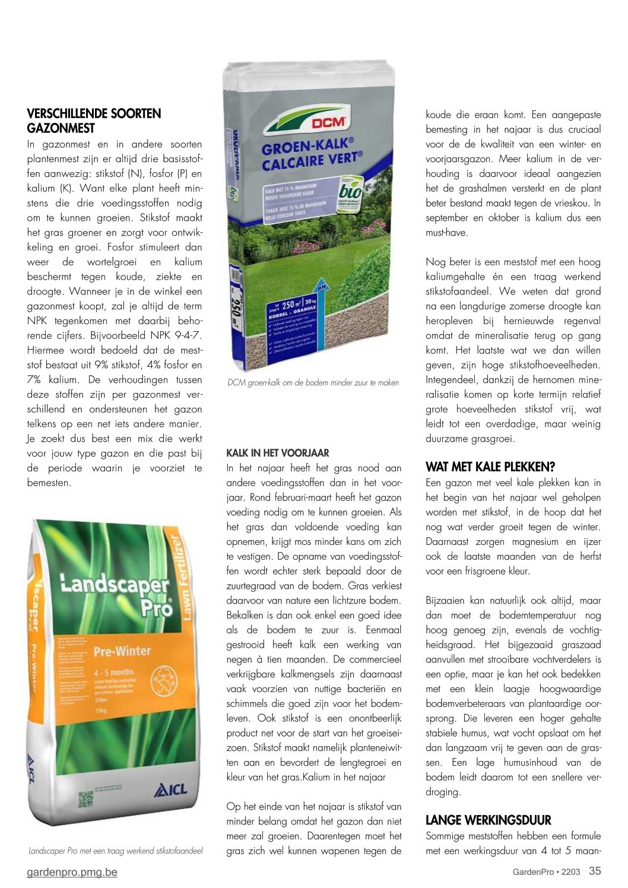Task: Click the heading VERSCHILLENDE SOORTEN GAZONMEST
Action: point(94,120)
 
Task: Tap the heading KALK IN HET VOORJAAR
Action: point(278,452)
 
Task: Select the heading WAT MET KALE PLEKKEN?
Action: point(490,467)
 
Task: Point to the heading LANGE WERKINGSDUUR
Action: point(488,820)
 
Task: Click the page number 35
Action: point(595,871)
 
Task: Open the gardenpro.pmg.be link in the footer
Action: point(72,872)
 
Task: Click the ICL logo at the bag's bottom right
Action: point(170,789)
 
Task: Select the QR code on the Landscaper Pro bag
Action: point(87,799)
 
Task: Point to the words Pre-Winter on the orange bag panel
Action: point(122,651)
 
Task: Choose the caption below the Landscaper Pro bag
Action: point(116,851)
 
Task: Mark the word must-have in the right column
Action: point(446,233)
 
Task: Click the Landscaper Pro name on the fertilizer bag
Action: point(119,594)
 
